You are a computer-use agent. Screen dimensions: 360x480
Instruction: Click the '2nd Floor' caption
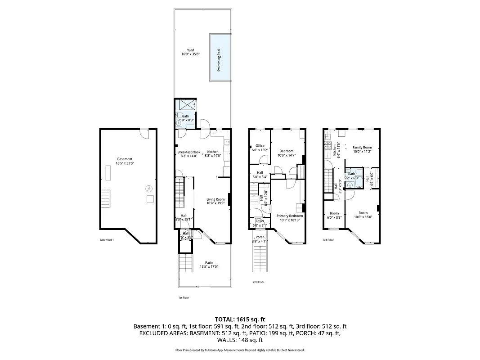click(258, 282)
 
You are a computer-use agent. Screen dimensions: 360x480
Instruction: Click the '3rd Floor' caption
click(328, 240)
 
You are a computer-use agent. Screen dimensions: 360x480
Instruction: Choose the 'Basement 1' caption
click(107, 240)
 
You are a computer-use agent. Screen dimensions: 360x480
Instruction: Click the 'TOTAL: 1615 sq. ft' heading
click(240, 319)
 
